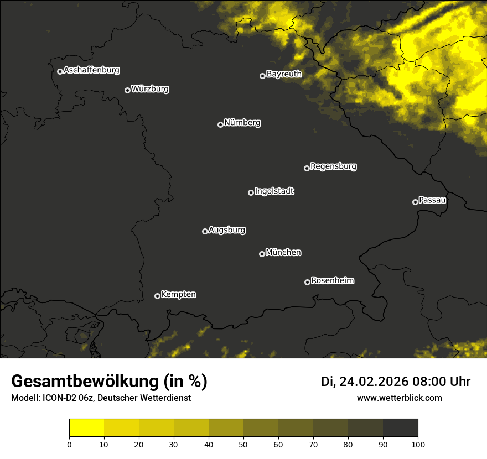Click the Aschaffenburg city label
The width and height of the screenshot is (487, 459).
[91, 70]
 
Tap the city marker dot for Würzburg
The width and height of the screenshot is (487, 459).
[127, 90]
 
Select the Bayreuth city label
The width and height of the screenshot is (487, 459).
[284, 74]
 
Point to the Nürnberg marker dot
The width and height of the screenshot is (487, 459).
[220, 124]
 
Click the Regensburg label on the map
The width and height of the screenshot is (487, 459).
[333, 166]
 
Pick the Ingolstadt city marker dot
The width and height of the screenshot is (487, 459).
[251, 192]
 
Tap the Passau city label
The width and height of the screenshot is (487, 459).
[432, 200]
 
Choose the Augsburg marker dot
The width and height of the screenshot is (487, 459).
[205, 231]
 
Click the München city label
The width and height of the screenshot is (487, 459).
[283, 253]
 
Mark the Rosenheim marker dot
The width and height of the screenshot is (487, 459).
[307, 282]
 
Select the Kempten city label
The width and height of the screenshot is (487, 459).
[178, 295]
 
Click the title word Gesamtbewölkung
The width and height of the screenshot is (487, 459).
[85, 382]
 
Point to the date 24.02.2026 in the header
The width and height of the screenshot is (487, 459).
[374, 382]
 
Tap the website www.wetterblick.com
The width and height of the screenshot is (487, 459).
[400, 398]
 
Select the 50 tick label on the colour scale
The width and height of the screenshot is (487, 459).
[244, 444]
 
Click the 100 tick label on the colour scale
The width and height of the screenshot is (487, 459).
[418, 444]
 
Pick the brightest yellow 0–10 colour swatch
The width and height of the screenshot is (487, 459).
[87, 427]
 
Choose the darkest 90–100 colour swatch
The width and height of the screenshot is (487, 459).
[400, 427]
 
